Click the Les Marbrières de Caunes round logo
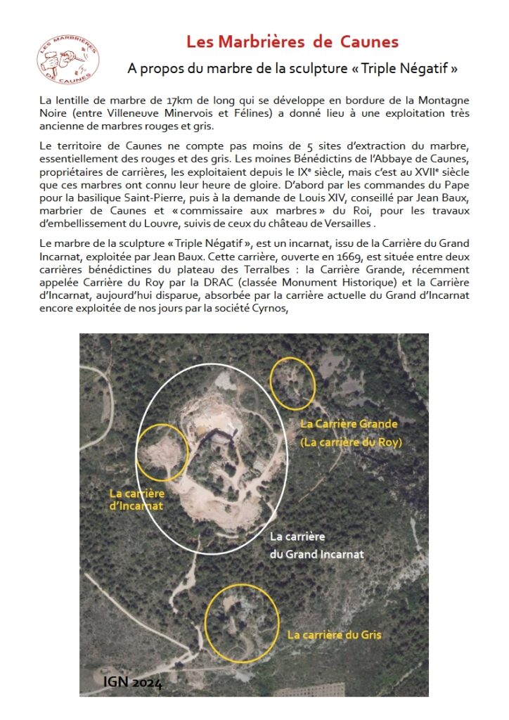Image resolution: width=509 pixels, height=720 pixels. click(x=67, y=58)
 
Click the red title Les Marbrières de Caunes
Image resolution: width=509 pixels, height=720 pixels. click(x=292, y=41)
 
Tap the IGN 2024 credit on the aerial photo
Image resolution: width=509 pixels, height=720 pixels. click(x=132, y=682)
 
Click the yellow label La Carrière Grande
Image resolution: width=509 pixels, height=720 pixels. click(x=349, y=424)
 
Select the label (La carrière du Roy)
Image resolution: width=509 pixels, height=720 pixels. click(x=351, y=442)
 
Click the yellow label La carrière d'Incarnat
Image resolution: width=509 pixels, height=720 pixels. click(x=136, y=499)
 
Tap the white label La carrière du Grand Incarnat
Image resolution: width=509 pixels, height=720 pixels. click(x=317, y=545)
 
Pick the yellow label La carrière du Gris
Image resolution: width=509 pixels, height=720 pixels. click(x=334, y=635)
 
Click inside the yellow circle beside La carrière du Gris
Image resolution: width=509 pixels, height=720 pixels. click(x=240, y=622)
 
